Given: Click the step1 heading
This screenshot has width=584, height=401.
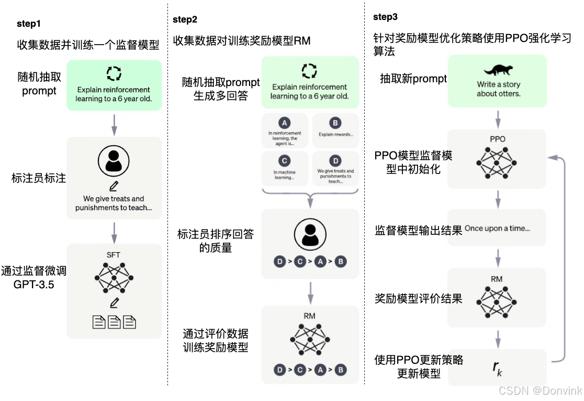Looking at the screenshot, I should [29, 24].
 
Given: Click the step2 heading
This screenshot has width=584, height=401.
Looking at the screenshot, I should [185, 20].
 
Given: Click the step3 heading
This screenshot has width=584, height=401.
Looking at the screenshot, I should [385, 17].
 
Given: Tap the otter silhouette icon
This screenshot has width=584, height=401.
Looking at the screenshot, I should [498, 70].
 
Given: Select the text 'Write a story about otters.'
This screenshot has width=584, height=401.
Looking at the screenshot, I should [498, 89].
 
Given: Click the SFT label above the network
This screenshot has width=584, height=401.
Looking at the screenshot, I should [114, 255].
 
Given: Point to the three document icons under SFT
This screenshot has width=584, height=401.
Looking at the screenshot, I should [114, 322].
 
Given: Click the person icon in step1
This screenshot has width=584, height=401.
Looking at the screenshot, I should [114, 160].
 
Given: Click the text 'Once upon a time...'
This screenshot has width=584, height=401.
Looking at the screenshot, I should [497, 229].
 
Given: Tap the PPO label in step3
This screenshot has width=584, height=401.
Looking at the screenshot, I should [497, 139].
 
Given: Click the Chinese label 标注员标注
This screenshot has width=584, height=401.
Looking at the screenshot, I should [39, 178].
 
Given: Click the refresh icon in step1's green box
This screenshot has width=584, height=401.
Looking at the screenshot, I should [114, 73].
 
